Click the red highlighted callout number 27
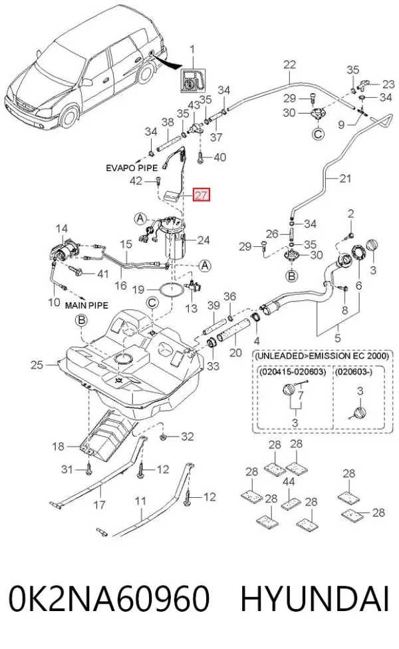tap(201, 194)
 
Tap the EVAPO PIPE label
tap(132, 168)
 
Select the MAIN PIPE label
tap(87, 306)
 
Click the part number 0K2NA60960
tap(110, 598)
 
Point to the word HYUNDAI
tap(315, 598)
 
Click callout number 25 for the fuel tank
tap(37, 365)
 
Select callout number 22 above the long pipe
tap(290, 65)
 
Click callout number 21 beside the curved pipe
tap(345, 178)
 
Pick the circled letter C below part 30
tap(318, 133)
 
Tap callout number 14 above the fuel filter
tap(62, 228)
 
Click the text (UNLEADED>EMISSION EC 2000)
tap(321, 355)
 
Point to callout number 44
tap(289, 481)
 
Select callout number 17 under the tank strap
tap(100, 505)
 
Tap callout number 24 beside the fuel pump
tap(203, 240)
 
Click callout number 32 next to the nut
tap(188, 436)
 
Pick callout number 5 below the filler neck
tap(338, 337)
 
